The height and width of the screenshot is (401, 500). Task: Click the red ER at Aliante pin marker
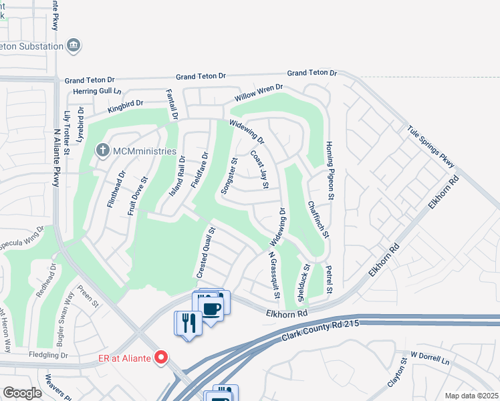160,358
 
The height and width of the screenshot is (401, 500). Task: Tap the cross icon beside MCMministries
103,149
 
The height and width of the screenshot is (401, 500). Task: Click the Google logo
22,393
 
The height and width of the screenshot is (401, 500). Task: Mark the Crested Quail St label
206,253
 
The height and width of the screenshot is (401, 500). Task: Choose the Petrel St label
329,280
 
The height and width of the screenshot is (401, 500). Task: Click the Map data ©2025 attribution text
471,396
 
